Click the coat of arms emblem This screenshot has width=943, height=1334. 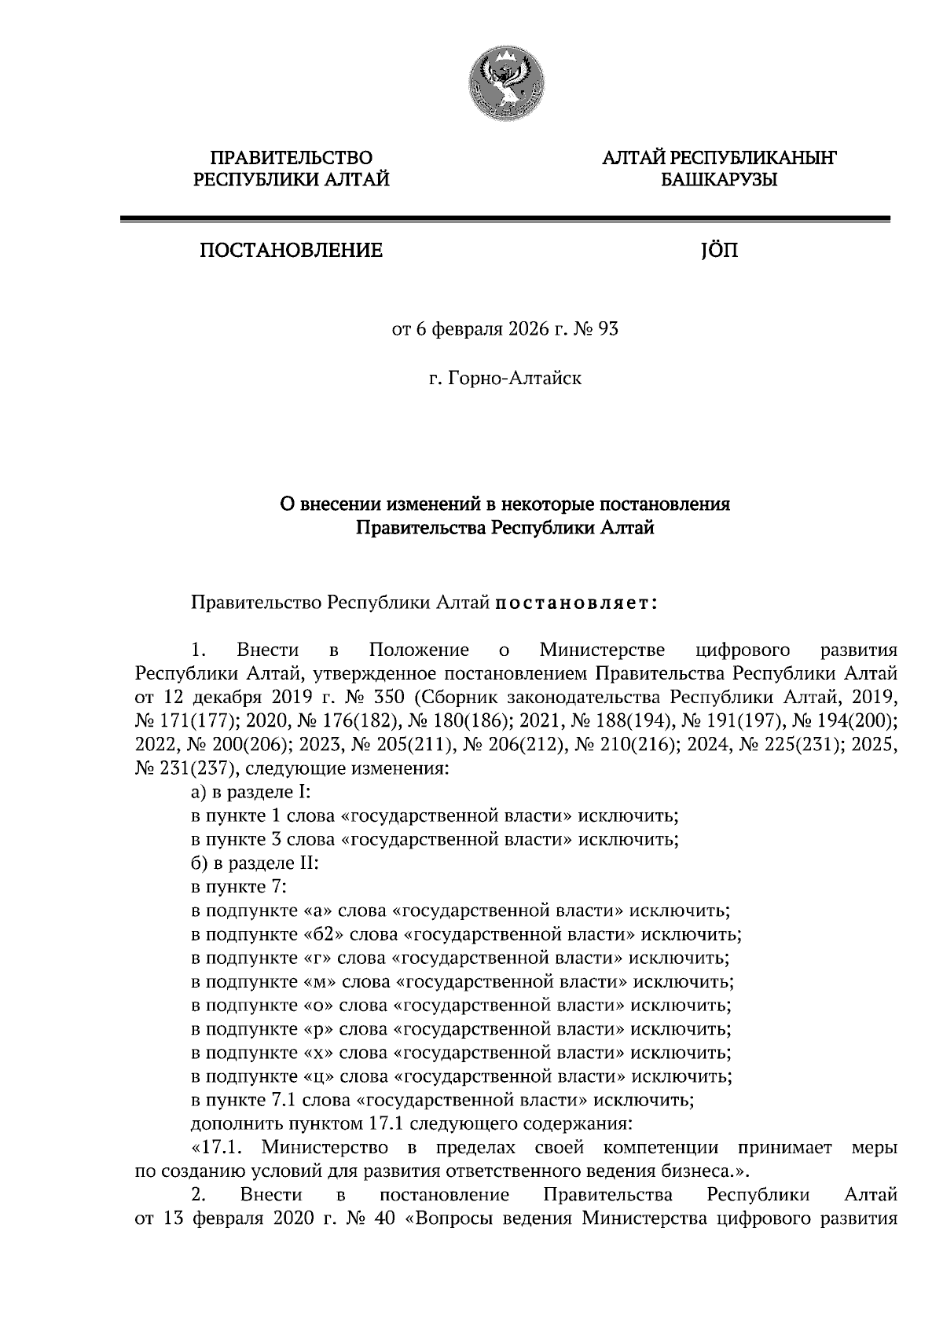505,84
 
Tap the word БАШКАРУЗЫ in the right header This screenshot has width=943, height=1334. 718,181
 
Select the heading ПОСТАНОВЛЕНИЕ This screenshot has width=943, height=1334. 292,251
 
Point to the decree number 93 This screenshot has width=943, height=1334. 608,328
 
